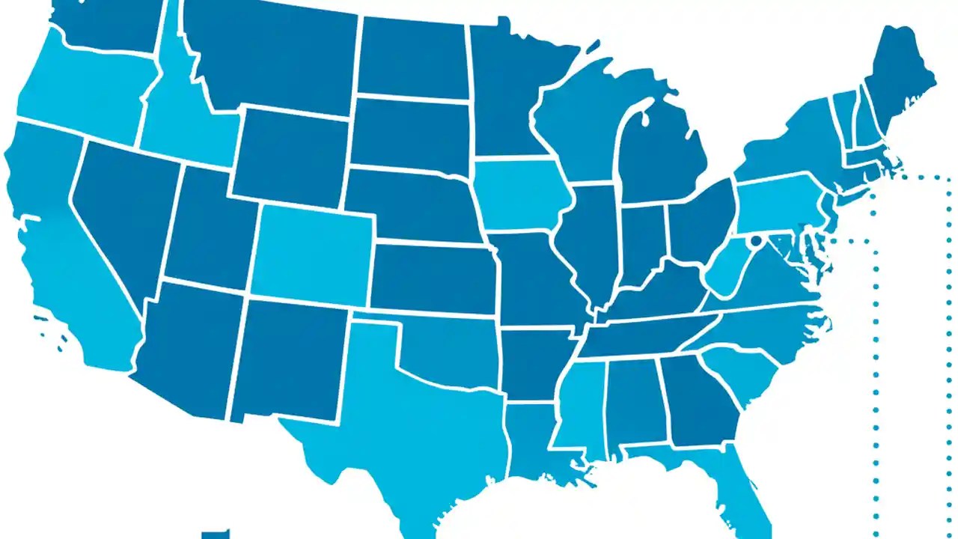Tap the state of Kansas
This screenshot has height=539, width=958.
(434, 277)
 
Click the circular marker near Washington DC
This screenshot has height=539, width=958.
(755, 240)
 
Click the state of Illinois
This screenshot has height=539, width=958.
(591, 240)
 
